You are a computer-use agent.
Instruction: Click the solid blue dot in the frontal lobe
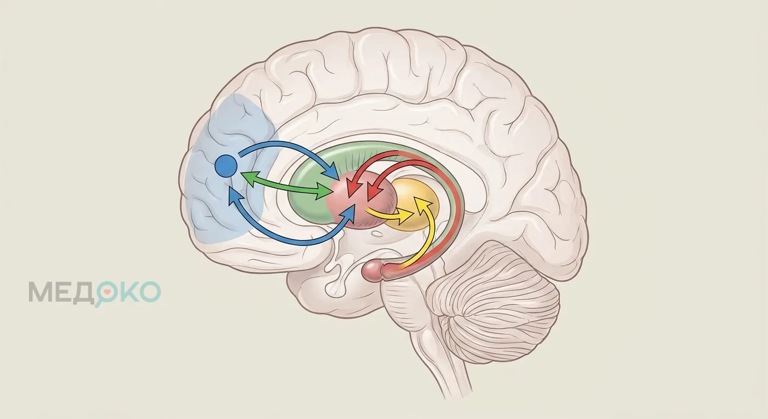pos(226,166)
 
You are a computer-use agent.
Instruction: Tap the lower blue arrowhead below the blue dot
pos(235,197)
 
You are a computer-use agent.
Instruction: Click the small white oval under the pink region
pos(377,234)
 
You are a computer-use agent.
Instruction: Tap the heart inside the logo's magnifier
pos(107,292)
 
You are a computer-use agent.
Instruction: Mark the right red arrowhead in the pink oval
pos(374,192)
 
